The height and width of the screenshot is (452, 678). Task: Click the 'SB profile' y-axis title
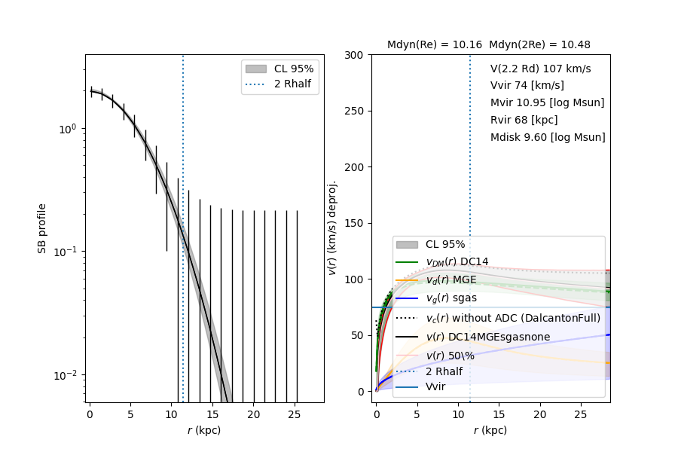click(43, 228)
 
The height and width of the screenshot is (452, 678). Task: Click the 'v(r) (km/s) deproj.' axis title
click(332, 228)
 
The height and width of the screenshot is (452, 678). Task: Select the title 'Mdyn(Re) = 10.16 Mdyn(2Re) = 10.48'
click(489, 45)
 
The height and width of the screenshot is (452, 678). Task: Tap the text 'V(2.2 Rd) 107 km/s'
click(540, 69)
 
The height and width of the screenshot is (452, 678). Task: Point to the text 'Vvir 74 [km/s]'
click(527, 86)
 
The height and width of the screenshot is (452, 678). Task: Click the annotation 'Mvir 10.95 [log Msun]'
click(547, 103)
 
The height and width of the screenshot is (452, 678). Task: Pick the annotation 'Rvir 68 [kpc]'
click(524, 121)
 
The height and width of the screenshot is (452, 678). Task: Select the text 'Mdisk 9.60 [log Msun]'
click(548, 138)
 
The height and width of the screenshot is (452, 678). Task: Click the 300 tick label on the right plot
click(356, 55)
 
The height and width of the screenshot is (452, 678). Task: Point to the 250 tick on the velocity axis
click(356, 111)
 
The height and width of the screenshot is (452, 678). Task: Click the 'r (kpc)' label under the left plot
click(204, 431)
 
